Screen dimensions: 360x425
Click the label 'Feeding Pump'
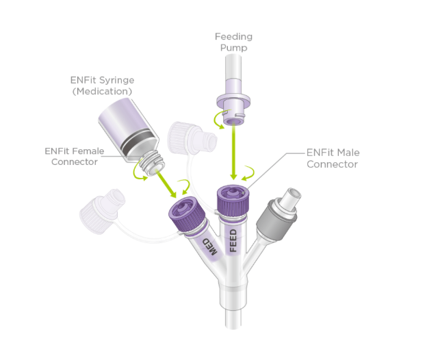(x=234, y=42)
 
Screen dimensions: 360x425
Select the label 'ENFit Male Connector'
(x=333, y=158)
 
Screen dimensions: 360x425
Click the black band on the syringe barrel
(x=134, y=142)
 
